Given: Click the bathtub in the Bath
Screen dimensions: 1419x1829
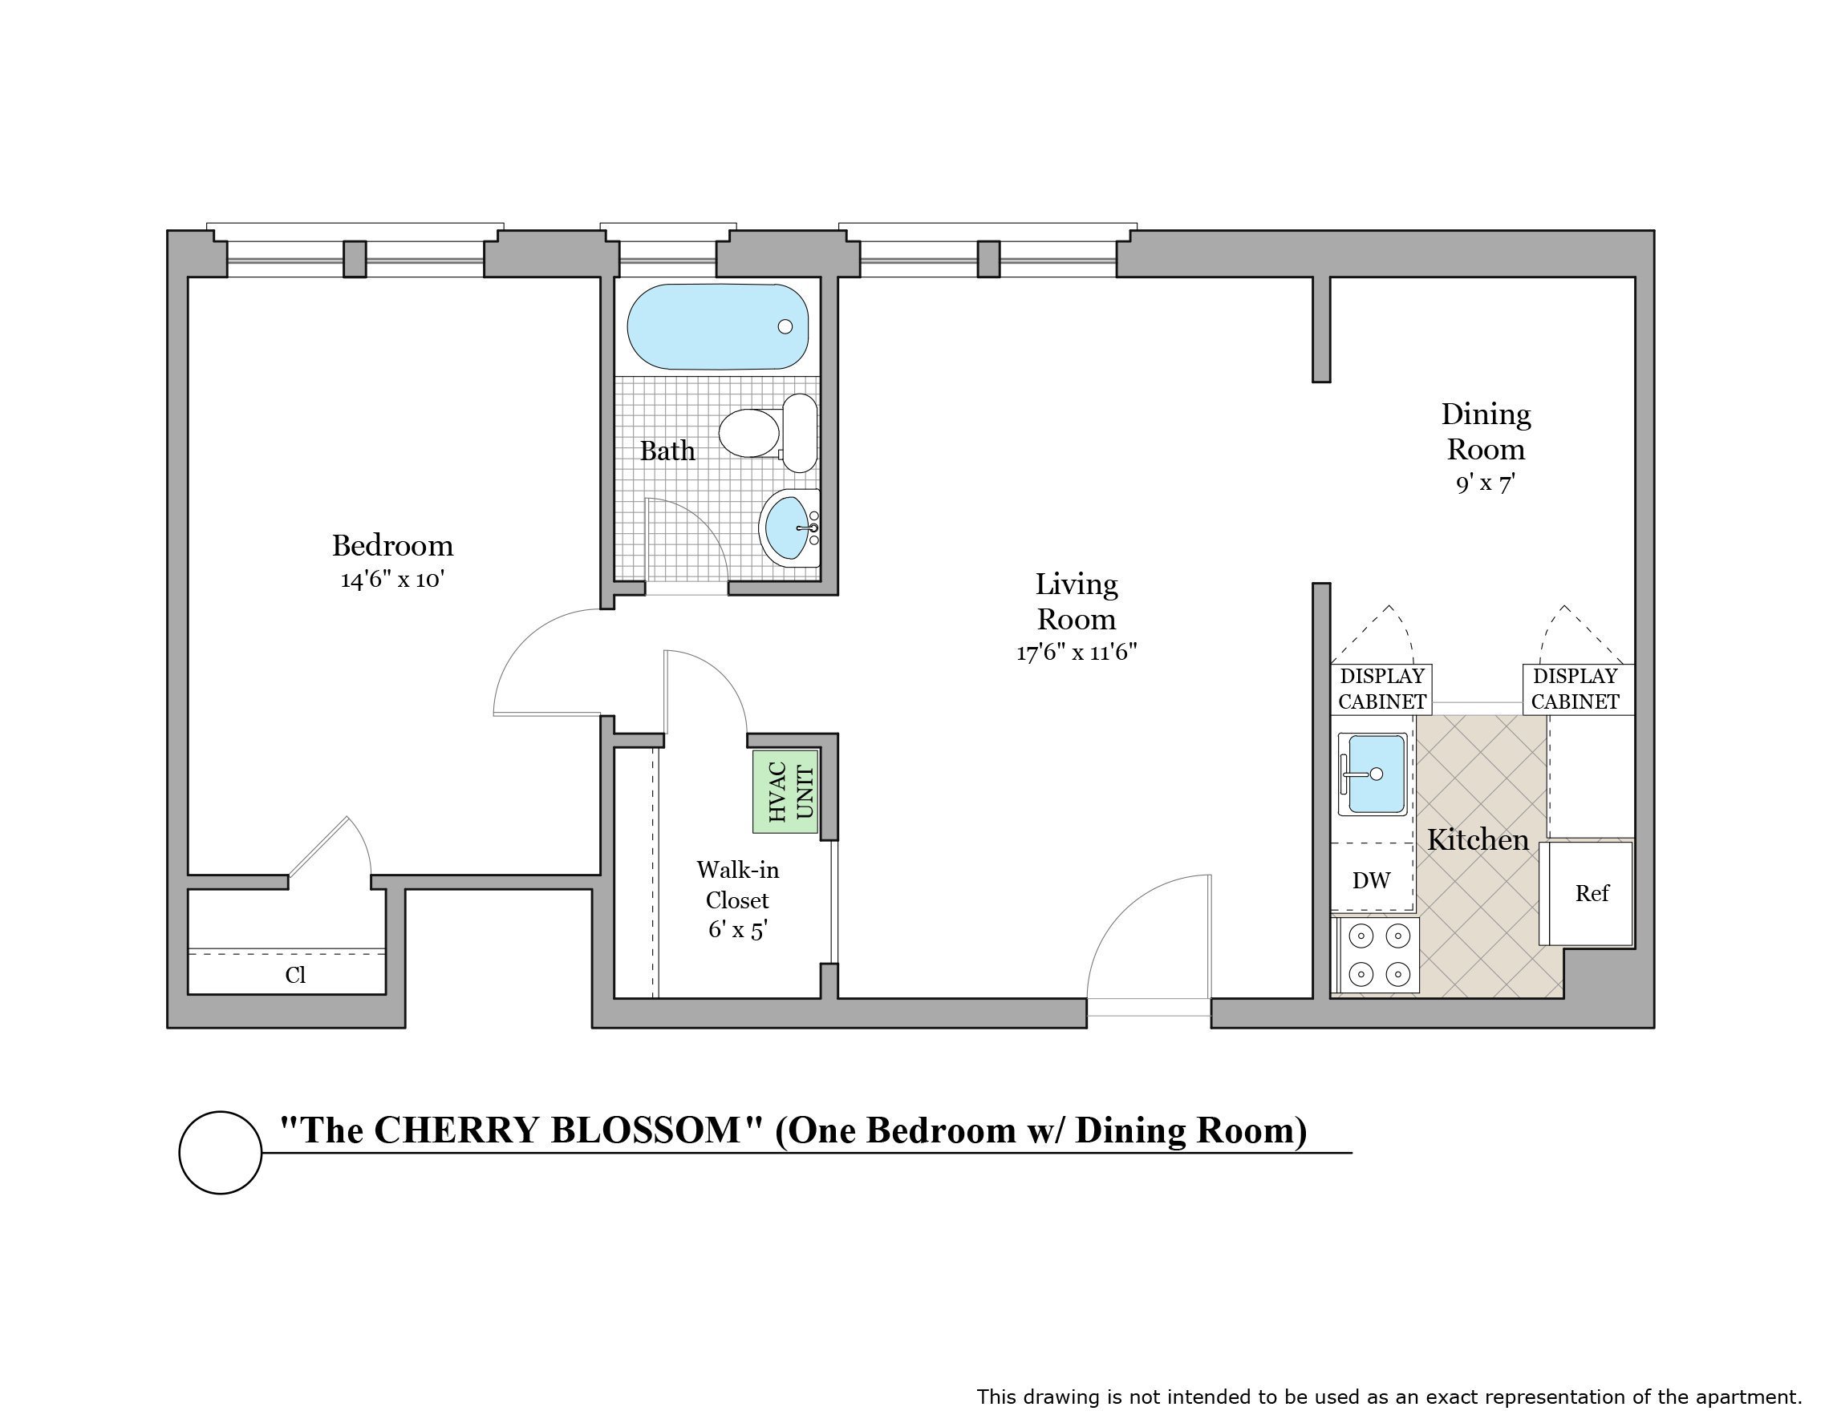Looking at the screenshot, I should coord(717,326).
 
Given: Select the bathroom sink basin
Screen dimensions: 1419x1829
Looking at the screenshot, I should coord(787,528).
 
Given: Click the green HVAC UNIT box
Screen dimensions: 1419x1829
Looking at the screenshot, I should coord(785,791).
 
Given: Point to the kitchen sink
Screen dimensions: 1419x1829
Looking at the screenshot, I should coord(1372,774).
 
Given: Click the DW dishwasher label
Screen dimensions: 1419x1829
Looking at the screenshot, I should coord(1371,880).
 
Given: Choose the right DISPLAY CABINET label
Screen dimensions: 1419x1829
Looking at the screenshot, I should coord(1575,688).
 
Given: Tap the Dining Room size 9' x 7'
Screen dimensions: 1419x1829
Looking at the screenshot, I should coord(1485,483).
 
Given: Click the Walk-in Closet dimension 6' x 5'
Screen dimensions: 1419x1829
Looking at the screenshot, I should coord(737,929).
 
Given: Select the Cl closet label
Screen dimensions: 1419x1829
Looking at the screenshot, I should coord(294,975).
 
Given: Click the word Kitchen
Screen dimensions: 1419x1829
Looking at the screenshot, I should coord(1478,839).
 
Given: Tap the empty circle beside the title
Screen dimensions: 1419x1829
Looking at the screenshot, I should coord(221,1152).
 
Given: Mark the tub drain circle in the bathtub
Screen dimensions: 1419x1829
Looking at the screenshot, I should coord(785,326).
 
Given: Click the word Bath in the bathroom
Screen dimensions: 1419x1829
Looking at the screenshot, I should coord(667,451).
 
